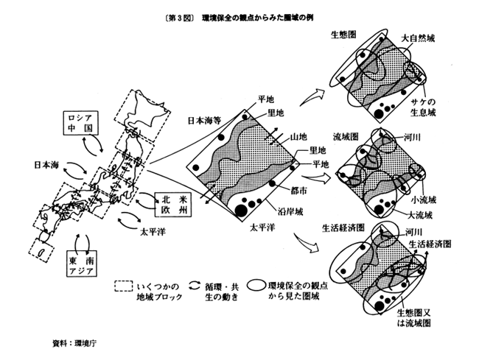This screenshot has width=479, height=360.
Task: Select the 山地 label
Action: tap(298, 138)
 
